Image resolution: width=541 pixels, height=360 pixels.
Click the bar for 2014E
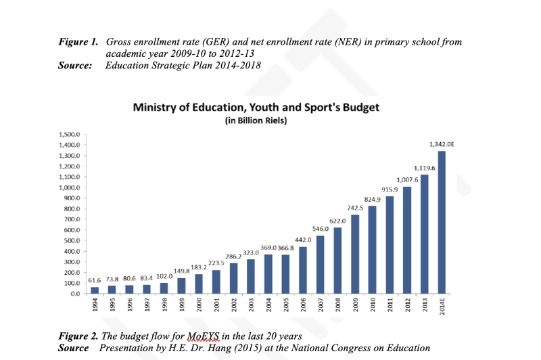click(442, 222)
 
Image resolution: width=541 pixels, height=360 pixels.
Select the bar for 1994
click(95, 290)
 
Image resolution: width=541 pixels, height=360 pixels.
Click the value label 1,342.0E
click(442, 143)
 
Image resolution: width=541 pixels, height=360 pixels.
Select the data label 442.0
click(302, 240)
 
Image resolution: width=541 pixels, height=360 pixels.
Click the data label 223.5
click(215, 263)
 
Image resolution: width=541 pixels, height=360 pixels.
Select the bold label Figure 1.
click(78, 42)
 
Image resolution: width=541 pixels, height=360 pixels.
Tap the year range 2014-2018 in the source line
click(236, 65)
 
